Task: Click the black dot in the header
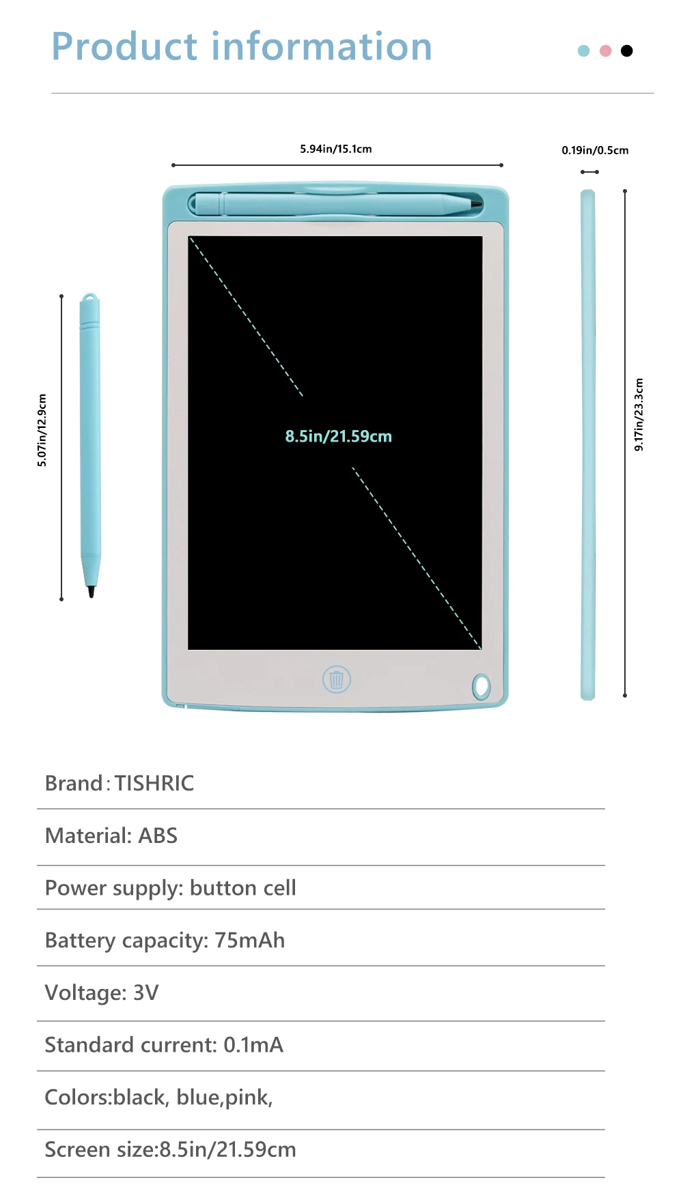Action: (x=626, y=51)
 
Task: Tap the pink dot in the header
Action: (x=605, y=51)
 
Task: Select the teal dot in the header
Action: (x=583, y=51)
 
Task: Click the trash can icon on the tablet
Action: (x=336, y=679)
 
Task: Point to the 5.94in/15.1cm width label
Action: (x=336, y=149)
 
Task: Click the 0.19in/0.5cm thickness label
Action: (x=595, y=150)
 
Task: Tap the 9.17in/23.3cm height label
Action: (x=639, y=414)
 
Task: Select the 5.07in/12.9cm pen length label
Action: (x=42, y=430)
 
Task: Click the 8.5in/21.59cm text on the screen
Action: (x=338, y=436)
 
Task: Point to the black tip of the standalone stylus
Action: (x=91, y=591)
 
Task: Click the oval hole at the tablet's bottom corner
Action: (x=481, y=686)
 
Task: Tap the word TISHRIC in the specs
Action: (x=154, y=783)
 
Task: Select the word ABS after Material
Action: (x=158, y=835)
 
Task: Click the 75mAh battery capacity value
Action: (x=249, y=940)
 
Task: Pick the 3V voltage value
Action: (x=145, y=992)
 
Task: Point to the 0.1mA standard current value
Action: (x=253, y=1045)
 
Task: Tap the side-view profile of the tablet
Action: (x=587, y=444)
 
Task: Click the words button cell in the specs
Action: (x=242, y=888)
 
